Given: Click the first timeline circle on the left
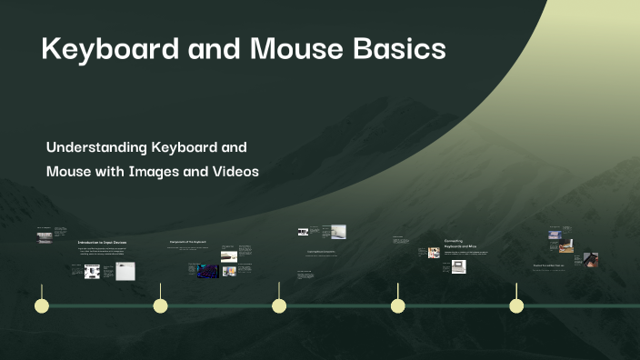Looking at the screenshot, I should (x=41, y=305).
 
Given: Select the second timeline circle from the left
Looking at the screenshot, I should (x=160, y=305).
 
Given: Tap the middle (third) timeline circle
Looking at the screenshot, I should (x=279, y=305).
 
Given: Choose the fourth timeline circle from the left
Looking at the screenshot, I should (x=397, y=305).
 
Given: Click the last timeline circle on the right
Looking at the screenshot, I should (x=516, y=305).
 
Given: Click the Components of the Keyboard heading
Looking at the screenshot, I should (x=190, y=242).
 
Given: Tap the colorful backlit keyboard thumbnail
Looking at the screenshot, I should (x=207, y=271).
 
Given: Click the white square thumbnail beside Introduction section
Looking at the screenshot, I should (x=125, y=271).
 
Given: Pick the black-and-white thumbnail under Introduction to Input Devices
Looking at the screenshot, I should (x=92, y=271).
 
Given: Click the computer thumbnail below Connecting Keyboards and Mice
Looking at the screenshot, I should (x=459, y=266).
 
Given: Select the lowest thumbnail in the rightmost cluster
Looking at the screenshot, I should (x=590, y=259).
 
